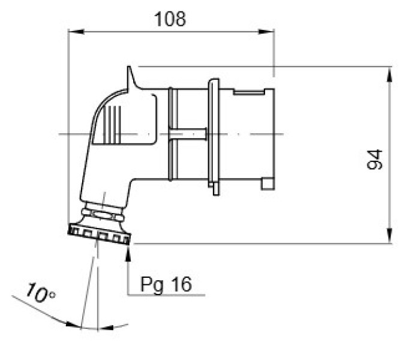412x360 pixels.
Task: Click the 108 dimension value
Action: [170, 19]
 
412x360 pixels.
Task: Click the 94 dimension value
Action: [375, 160]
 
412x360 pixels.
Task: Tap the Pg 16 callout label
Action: [166, 285]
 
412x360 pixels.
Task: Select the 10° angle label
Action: [41, 293]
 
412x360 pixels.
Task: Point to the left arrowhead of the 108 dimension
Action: [76, 32]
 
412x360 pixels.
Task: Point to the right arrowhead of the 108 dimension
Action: [266, 32]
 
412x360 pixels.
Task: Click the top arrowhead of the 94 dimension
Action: [389, 75]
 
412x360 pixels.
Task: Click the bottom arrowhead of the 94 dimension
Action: [389, 236]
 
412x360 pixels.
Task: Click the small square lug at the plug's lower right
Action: [267, 184]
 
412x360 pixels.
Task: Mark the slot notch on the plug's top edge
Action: [249, 92]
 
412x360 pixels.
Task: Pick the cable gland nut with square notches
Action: [99, 234]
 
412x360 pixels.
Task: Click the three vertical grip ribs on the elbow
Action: [112, 124]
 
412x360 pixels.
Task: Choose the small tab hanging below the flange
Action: [216, 188]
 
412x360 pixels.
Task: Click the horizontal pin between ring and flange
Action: [187, 134]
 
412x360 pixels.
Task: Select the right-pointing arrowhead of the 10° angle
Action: [106, 328]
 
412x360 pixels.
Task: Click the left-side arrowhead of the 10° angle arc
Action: [73, 325]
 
